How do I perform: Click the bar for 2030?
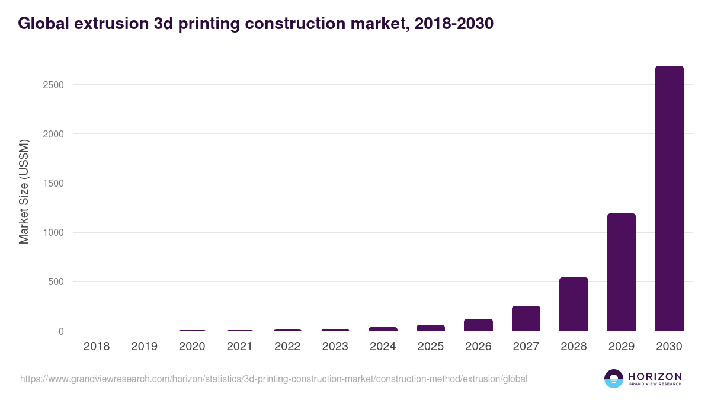click(x=669, y=199)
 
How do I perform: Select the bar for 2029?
click(x=621, y=272)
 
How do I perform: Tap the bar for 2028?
click(x=574, y=304)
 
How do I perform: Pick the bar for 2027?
click(x=526, y=318)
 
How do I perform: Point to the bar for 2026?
click(x=478, y=325)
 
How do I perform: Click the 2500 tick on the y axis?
click(x=53, y=85)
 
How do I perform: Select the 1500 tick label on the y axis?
click(x=53, y=183)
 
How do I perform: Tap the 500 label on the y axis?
click(x=56, y=282)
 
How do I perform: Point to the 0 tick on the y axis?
click(x=60, y=331)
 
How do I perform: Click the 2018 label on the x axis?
click(x=97, y=347)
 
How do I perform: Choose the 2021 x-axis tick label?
click(x=239, y=347)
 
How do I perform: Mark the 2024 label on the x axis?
click(x=383, y=347)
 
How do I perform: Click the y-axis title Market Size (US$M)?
click(x=24, y=191)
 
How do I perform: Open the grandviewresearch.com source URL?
click(x=273, y=379)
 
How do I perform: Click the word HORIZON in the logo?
click(x=655, y=376)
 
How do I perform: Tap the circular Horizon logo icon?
click(x=613, y=379)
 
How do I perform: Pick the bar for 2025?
click(x=431, y=328)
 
